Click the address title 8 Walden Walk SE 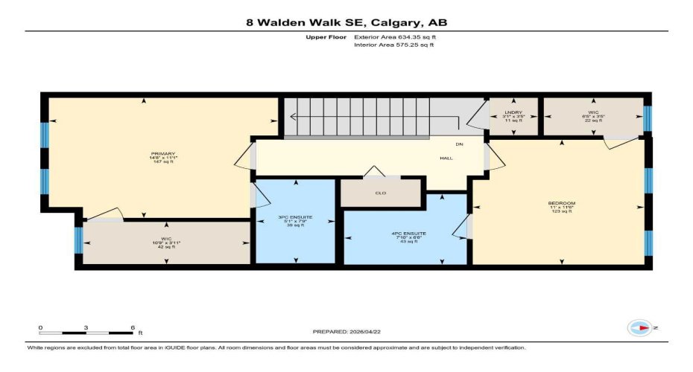point(346,22)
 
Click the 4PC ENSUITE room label point(408,233)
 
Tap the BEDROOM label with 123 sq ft point(561,203)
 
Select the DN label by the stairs point(460,143)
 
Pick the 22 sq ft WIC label point(594,112)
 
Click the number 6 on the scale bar point(132,327)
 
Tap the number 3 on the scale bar point(86,327)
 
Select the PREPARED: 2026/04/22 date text point(346,331)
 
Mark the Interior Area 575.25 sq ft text point(393,45)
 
